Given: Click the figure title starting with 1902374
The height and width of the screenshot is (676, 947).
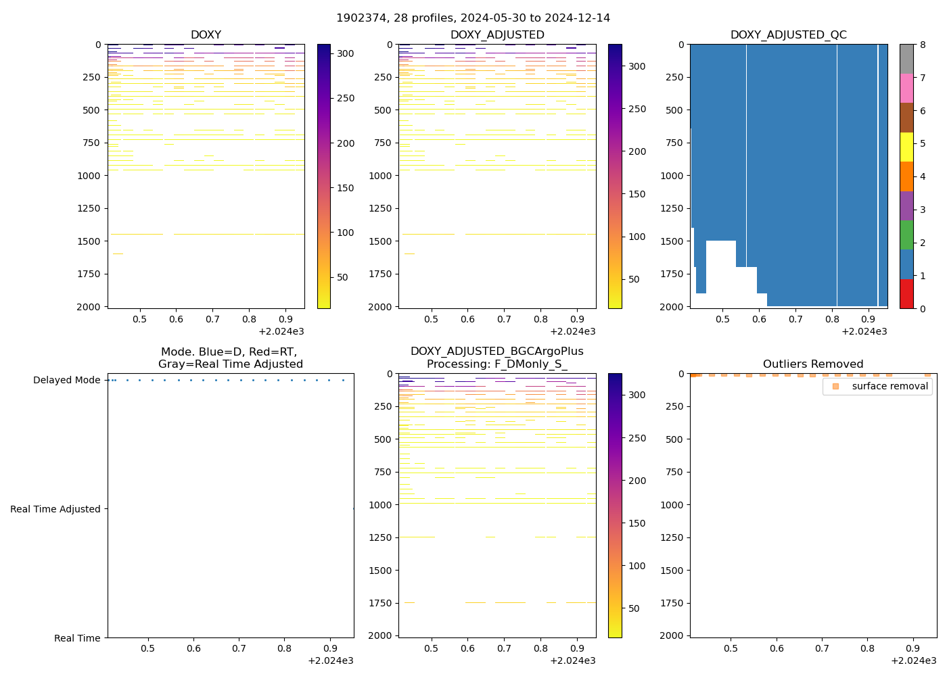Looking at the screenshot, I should [473, 18].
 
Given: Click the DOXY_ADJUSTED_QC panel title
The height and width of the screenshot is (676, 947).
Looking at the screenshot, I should [788, 34].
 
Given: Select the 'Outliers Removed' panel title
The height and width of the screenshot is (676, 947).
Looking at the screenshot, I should [813, 364].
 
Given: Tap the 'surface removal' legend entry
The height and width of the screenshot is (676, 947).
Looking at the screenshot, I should [890, 386].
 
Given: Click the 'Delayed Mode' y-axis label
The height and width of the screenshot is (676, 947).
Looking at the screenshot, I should [66, 380].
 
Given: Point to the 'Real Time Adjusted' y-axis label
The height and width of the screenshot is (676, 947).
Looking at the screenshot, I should [55, 509].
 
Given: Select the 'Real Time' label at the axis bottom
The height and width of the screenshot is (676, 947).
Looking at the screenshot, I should [77, 638].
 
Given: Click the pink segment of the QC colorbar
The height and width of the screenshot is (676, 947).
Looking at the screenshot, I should [906, 89].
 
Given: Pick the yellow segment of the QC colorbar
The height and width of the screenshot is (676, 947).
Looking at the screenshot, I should [906, 147].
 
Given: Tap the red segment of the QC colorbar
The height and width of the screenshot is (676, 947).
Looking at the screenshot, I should [906, 294].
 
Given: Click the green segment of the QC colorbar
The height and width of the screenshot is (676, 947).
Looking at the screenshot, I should [906, 235].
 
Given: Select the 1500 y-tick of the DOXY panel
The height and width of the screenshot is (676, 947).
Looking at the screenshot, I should [89, 241].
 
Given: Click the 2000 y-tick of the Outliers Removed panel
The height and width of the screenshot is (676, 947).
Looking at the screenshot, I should [672, 635].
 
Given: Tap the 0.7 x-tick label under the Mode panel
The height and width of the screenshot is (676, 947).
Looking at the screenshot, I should [239, 648].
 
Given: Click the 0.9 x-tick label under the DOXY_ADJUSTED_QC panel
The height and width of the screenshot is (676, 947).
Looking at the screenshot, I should [869, 319].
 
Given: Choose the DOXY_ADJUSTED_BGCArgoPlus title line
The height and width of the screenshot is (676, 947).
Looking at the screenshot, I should [496, 352].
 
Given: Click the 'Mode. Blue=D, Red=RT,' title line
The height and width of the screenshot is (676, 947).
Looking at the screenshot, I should [229, 352].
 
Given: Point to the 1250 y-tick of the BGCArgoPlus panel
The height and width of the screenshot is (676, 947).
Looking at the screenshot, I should [381, 537].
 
